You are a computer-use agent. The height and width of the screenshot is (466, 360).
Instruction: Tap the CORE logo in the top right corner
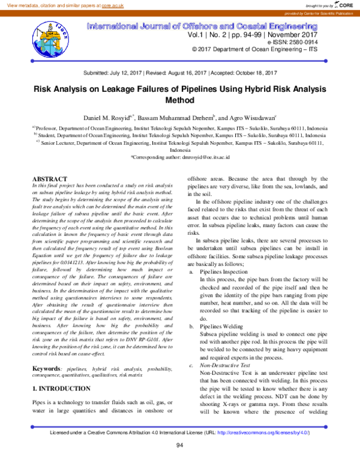coord(344,5)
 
